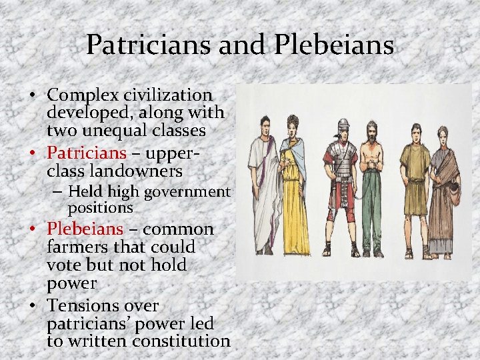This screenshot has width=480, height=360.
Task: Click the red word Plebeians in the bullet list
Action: [x=85, y=229]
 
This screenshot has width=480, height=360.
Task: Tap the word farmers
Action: [x=75, y=247]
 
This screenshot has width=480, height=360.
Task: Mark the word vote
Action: [x=65, y=265]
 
